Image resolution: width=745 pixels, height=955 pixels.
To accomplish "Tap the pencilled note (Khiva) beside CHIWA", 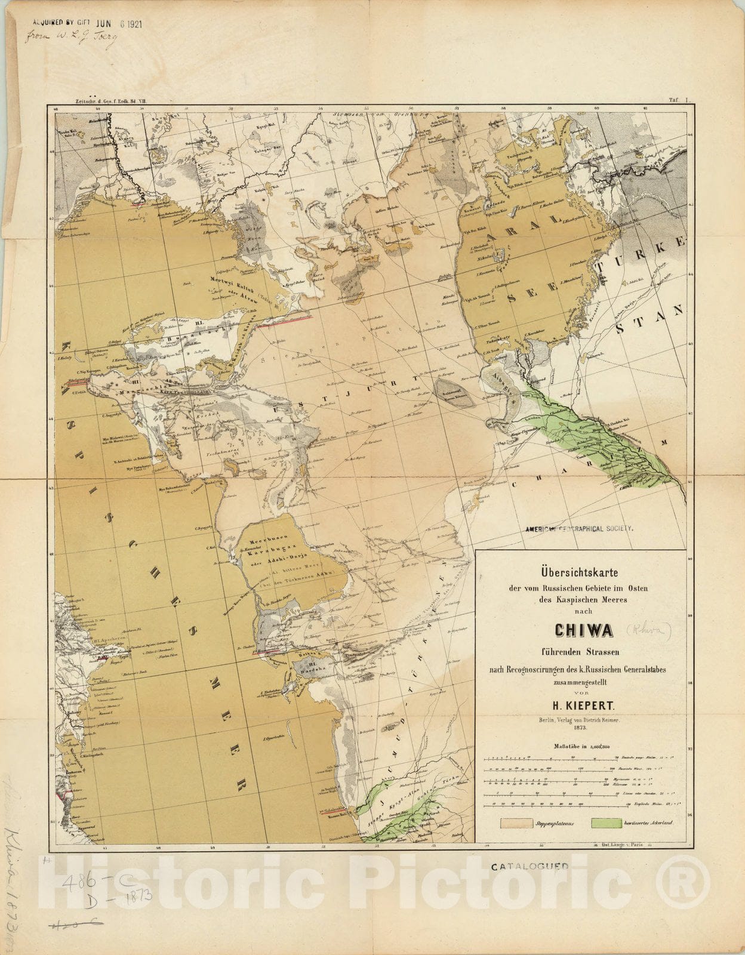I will tap(649, 629).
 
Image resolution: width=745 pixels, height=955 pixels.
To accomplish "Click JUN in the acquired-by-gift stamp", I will tap(108, 26).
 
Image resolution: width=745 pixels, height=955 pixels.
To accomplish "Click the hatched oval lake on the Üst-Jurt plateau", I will tap(455, 393).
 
